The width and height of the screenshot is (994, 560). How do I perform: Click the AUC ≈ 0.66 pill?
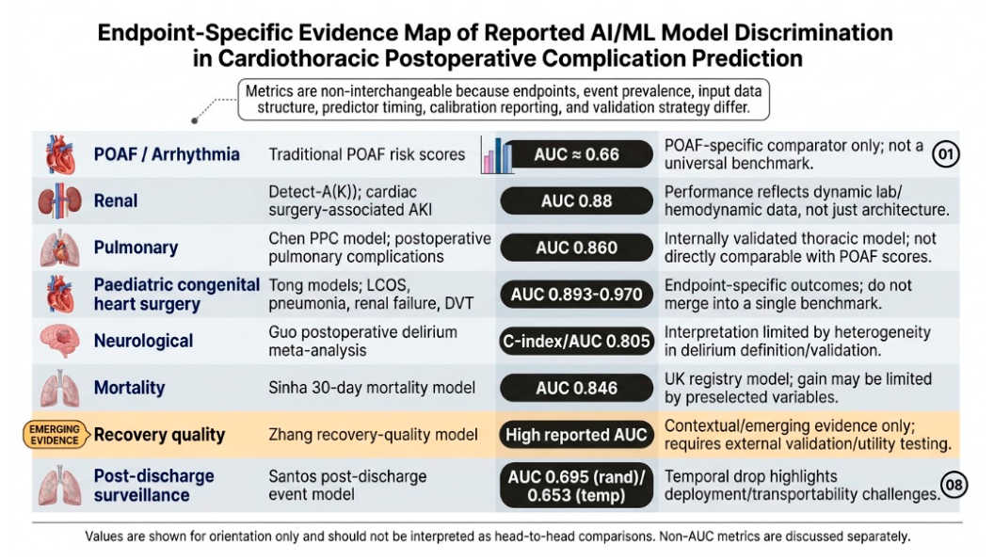coord(578,154)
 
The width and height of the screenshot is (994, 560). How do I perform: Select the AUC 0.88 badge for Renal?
coord(576,201)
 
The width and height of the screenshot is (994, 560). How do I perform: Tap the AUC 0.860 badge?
coord(576,248)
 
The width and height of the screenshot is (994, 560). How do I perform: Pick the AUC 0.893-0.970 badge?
coord(576,295)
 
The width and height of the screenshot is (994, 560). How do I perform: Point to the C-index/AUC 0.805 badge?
coord(576,342)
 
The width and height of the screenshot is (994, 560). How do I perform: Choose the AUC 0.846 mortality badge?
coord(576,388)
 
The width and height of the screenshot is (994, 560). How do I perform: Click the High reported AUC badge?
coord(576,435)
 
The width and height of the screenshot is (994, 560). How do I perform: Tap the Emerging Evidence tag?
coord(56,435)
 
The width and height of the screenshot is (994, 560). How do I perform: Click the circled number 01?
coord(946,154)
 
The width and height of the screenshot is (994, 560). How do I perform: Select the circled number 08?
coord(954,485)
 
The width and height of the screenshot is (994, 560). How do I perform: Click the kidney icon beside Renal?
coord(59,200)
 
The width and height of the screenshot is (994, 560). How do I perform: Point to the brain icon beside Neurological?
coord(59,342)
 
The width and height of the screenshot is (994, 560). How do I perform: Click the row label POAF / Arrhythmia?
coord(167,154)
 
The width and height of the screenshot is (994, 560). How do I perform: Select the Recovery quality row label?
coord(160,435)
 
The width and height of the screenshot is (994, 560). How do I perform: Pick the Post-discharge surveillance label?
coord(154,485)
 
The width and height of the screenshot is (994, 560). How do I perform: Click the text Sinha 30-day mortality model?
coord(372,388)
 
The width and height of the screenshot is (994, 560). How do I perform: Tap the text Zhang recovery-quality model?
coord(373,435)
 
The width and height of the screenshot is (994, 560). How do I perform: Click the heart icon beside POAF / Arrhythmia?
coord(61,154)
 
